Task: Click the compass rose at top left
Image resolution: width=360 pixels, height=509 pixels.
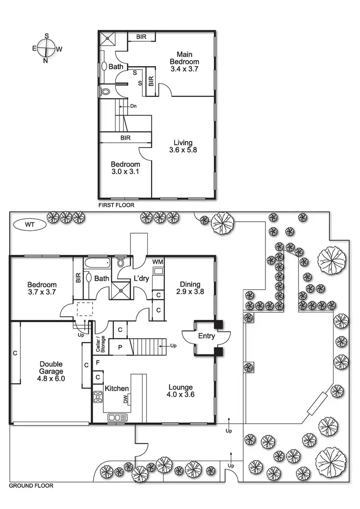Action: pyautogui.click(x=46, y=48)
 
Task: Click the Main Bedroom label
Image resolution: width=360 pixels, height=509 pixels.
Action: pyautogui.click(x=184, y=61)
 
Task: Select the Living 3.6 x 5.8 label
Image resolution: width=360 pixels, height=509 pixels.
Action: pyautogui.click(x=183, y=146)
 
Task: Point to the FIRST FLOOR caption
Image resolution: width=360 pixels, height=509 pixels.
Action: pyautogui.click(x=116, y=205)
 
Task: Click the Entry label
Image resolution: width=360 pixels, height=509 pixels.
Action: pyautogui.click(x=206, y=336)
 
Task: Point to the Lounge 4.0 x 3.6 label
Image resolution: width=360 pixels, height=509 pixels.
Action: pyautogui.click(x=180, y=391)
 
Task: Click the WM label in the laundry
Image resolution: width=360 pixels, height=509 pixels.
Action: pyautogui.click(x=157, y=262)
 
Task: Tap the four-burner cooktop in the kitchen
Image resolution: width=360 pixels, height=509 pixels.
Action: pyautogui.click(x=98, y=397)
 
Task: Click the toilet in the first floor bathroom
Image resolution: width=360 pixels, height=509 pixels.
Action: pyautogui.click(x=106, y=91)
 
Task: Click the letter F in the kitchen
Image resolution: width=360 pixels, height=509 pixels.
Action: pyautogui.click(x=97, y=363)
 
